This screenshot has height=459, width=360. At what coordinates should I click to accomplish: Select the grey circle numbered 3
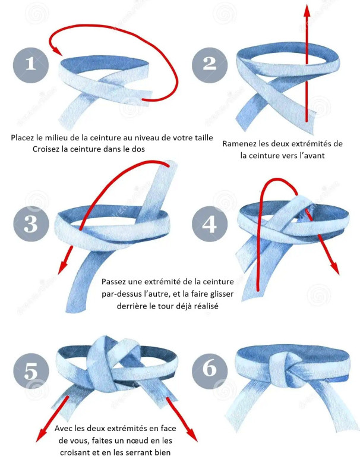[x=31, y=224]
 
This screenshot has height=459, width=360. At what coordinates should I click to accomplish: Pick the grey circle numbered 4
[x=210, y=224]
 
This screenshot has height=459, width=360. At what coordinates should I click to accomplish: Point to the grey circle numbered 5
[x=31, y=370]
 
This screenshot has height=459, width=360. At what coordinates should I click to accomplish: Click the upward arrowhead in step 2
[x=307, y=11]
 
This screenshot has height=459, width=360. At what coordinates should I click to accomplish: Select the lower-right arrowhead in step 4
[x=334, y=266]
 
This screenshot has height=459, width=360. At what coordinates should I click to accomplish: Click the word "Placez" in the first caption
[x=22, y=137]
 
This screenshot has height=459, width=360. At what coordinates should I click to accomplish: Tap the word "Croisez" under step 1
[x=45, y=149]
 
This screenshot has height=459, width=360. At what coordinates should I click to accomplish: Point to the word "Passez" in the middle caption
[x=113, y=282]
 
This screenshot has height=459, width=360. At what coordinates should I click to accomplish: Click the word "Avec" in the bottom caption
[x=63, y=429]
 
